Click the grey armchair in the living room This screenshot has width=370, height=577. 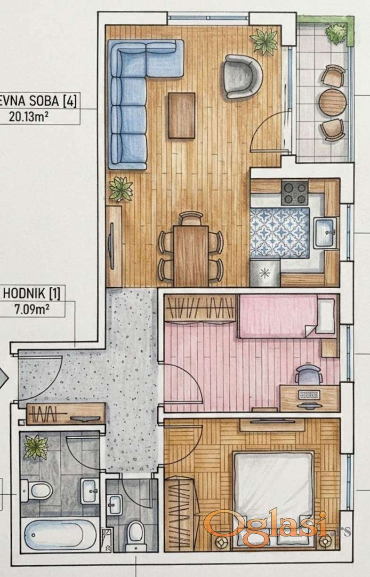(x=242, y=76)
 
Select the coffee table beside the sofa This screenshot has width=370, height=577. (x=182, y=115)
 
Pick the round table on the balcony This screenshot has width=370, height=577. (x=332, y=102)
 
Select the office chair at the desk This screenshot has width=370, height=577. (x=308, y=374)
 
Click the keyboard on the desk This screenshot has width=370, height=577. (x=309, y=395)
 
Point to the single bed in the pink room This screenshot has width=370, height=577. (x=288, y=316)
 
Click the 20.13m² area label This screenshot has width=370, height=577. (x=28, y=117)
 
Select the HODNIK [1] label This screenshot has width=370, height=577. (x=32, y=294)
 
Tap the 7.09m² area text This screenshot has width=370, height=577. (x=32, y=309)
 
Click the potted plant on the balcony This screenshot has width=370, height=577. (x=335, y=33)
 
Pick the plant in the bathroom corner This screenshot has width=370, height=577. (x=36, y=447)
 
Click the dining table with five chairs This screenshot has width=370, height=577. (x=191, y=255)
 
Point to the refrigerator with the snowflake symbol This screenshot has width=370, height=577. (x=265, y=273)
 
